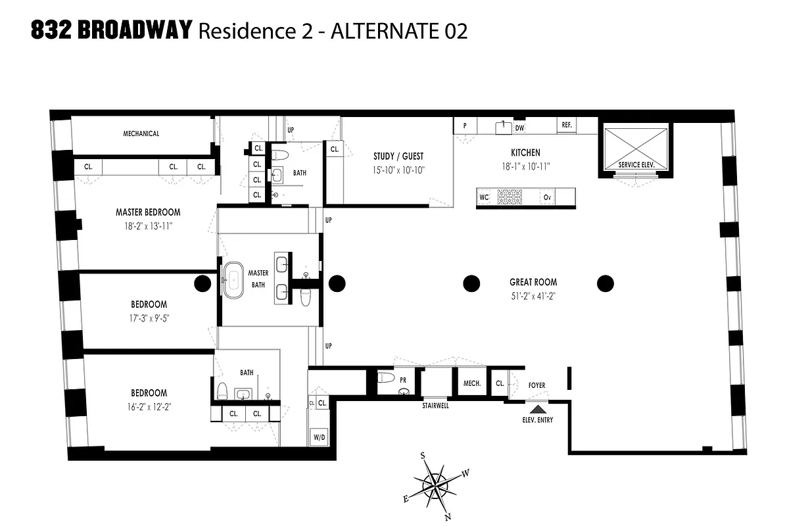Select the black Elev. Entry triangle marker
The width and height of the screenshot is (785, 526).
tap(537, 409)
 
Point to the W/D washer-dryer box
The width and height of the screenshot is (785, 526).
tap(319, 437)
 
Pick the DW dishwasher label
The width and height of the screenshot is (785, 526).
tap(519, 128)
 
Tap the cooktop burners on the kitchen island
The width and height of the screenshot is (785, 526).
tap(508, 197)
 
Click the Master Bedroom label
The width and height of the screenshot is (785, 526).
tap(148, 212)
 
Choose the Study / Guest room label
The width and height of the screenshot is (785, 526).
tap(398, 156)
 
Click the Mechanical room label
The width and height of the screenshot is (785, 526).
tap(141, 133)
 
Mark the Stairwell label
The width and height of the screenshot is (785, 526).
tap(435, 406)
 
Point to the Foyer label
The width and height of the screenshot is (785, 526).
tap(537, 385)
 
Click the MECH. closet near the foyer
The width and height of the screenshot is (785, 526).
tap(473, 383)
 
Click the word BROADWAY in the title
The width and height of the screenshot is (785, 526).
tap(135, 30)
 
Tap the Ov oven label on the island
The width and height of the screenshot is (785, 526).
tap(546, 197)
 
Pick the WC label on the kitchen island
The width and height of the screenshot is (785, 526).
tap(485, 197)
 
